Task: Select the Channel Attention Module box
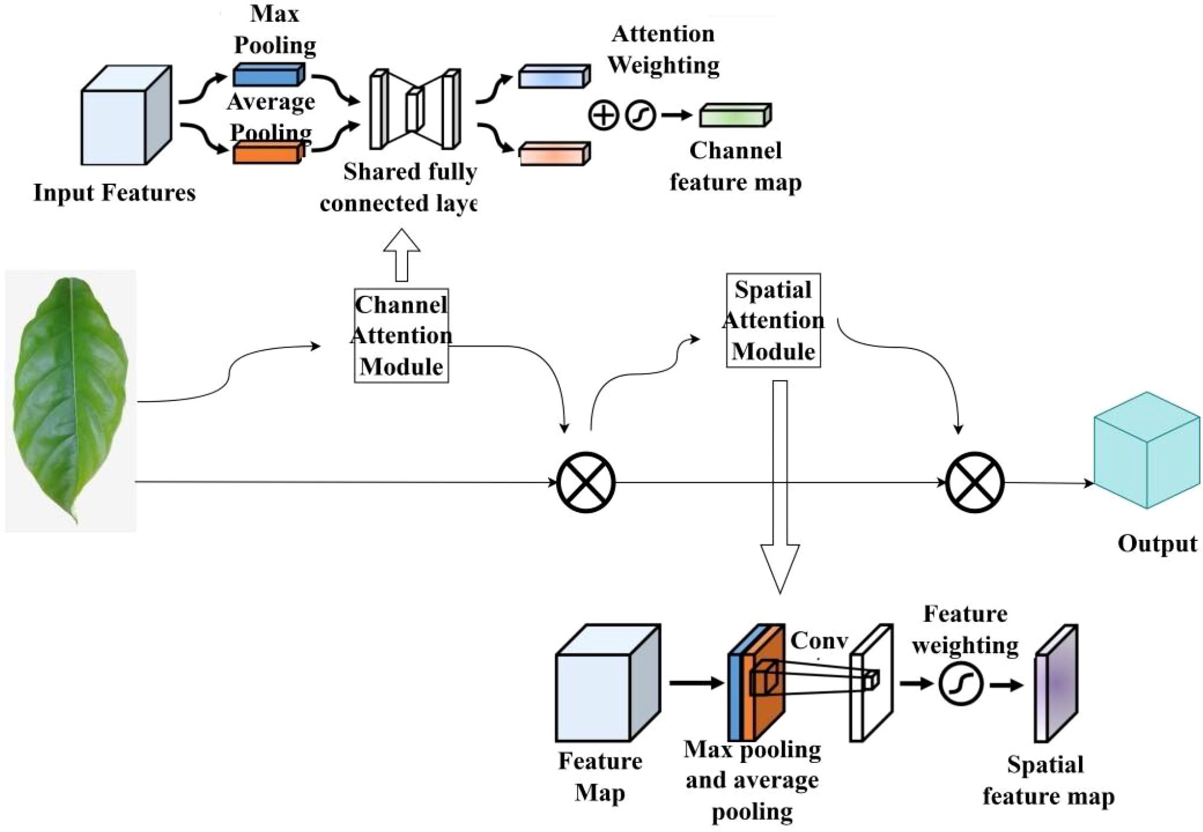pyautogui.click(x=401, y=335)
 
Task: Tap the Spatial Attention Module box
pyautogui.click(x=773, y=320)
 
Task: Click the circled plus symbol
pyautogui.click(x=603, y=115)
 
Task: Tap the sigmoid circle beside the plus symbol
pyautogui.click(x=641, y=115)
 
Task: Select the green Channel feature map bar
pyautogui.click(x=735, y=115)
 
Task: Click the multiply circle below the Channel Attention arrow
pyautogui.click(x=586, y=482)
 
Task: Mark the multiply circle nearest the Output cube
pyautogui.click(x=975, y=482)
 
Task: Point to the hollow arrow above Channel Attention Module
pyautogui.click(x=402, y=255)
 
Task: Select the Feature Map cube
pyautogui.click(x=608, y=683)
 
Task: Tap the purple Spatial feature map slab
pyautogui.click(x=1057, y=683)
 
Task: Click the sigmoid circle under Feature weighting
pyautogui.click(x=961, y=684)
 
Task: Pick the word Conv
pyautogui.click(x=819, y=641)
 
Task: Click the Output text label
pyautogui.click(x=1157, y=543)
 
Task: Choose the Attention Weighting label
pyautogui.click(x=663, y=50)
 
